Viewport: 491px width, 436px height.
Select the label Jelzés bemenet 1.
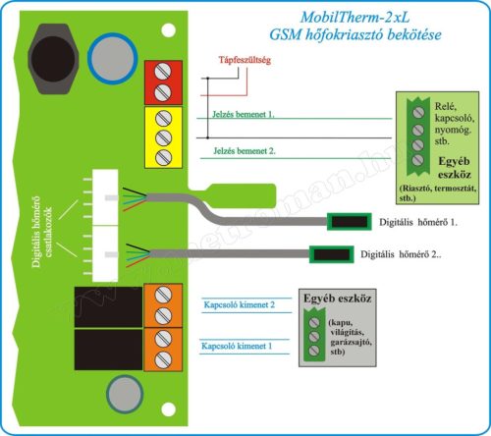243,114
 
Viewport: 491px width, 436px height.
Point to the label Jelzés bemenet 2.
243,151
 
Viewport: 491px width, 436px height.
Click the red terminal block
162,82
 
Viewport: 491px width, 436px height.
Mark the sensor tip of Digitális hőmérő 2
331,254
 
